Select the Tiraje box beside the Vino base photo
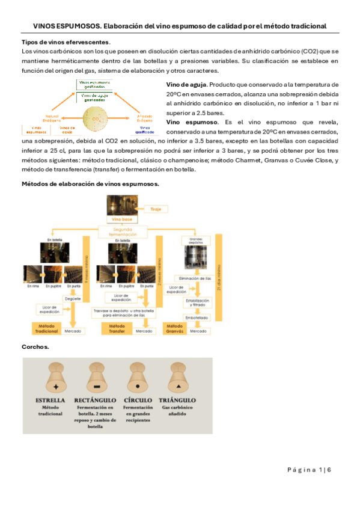click(x=155, y=209)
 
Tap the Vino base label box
click(x=122, y=220)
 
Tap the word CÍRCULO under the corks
click(x=138, y=400)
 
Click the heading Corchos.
click(x=35, y=347)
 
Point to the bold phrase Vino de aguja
click(x=187, y=85)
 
